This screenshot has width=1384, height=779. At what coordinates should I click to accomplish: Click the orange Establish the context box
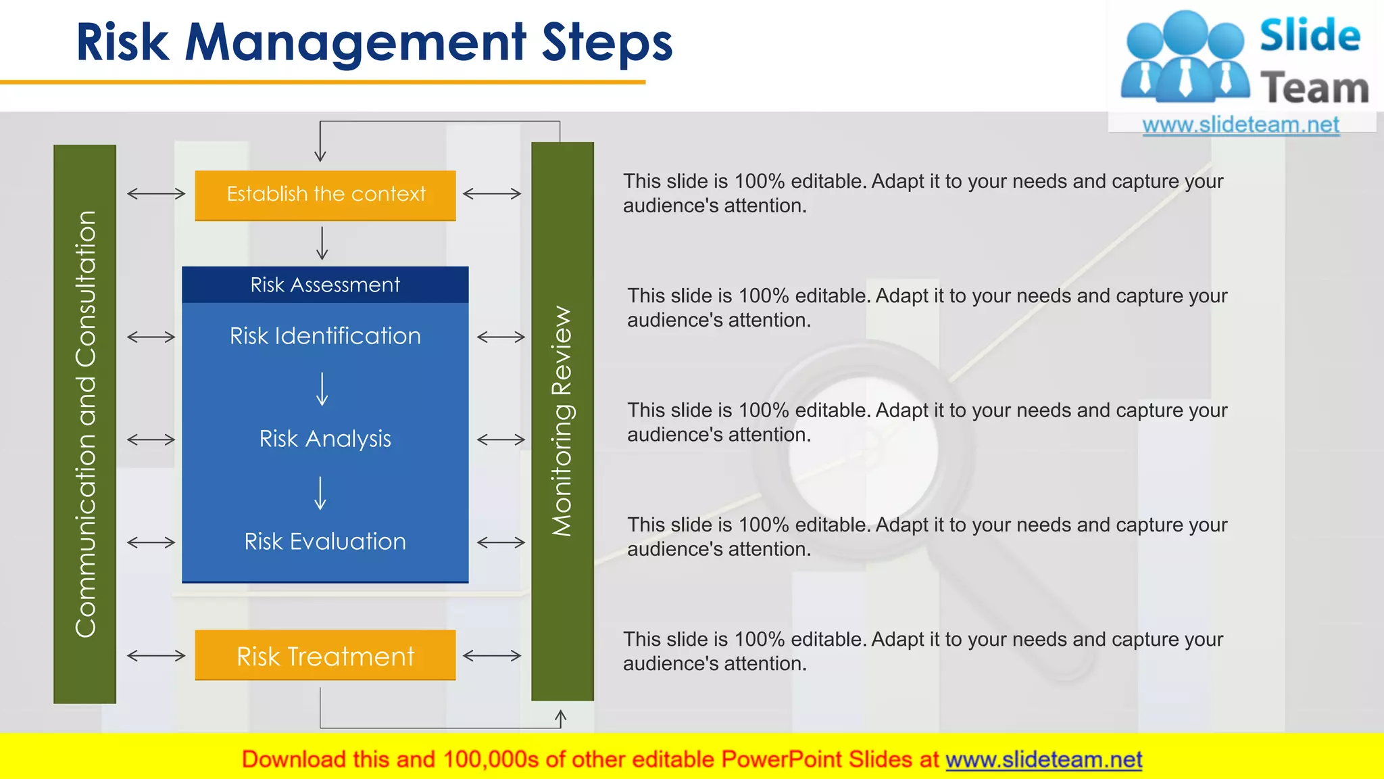(325, 195)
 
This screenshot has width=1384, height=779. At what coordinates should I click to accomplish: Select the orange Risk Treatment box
(325, 655)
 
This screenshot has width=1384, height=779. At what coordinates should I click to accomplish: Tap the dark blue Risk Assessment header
(325, 285)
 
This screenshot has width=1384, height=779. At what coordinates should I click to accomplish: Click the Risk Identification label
(325, 336)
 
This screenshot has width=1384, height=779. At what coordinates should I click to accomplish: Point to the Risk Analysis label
(325, 439)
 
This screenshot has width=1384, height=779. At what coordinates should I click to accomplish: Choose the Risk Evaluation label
(325, 542)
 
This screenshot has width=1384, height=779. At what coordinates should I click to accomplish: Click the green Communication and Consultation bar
(85, 424)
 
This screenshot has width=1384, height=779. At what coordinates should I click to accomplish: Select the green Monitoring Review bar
(562, 421)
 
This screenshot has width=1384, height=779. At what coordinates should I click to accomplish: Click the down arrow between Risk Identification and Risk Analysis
(322, 389)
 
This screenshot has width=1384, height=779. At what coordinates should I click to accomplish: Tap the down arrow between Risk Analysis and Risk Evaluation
(321, 493)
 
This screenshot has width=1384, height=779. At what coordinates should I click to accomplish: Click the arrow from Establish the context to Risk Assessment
(322, 243)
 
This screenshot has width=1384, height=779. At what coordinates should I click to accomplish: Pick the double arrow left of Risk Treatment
(156, 655)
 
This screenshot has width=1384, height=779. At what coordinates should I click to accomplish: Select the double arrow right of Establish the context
(492, 194)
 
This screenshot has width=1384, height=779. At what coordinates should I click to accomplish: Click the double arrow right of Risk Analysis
(501, 440)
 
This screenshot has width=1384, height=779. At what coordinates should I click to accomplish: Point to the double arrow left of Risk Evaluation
(151, 542)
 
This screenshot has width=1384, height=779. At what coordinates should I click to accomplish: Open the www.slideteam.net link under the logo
(1241, 125)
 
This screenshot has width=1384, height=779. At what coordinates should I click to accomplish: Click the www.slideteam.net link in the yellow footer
(1043, 759)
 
